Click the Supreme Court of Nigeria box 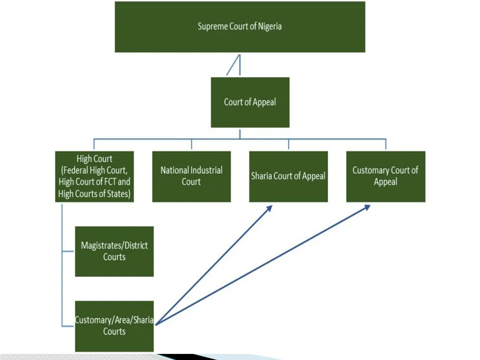coord(240,27)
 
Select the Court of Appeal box coord(250,102)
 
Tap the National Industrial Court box coord(192,177)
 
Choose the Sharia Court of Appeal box coord(288,177)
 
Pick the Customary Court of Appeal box coord(386,177)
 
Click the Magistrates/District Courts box coord(114,252)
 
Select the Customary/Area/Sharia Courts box coord(114,326)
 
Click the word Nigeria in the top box coord(270,26)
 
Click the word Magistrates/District coord(114,246)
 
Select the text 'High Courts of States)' coord(94,194)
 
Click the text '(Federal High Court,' coord(94,170)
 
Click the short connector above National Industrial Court coord(192,144)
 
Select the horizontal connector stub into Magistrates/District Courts coord(68,251)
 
